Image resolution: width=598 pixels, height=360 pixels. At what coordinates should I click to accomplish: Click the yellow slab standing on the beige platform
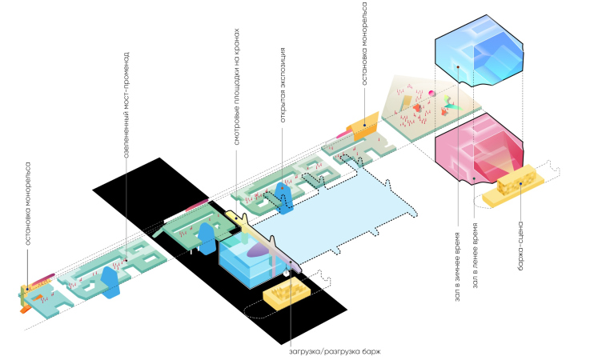point(406,104)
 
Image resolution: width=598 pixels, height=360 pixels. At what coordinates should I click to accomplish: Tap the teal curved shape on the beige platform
point(452,105)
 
